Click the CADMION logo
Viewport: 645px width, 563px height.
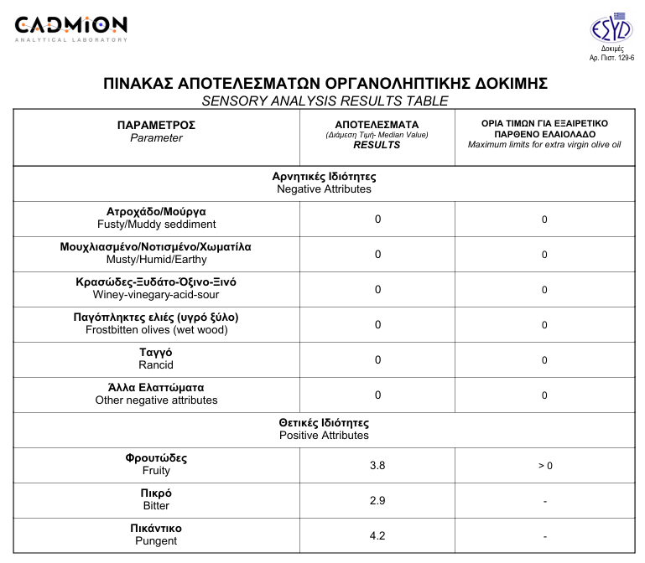[71, 28]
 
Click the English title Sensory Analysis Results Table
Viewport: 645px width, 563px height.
[325, 101]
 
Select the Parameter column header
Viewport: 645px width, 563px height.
[156, 132]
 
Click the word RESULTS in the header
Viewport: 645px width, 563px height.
[377, 145]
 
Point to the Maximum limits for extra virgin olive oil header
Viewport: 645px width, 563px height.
[544, 145]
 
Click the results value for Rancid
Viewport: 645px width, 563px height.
[377, 359]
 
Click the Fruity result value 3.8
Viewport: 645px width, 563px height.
[377, 465]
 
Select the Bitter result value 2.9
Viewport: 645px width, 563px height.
[377, 500]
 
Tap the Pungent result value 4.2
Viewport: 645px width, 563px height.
[377, 535]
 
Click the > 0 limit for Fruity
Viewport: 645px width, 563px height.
[544, 466]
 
